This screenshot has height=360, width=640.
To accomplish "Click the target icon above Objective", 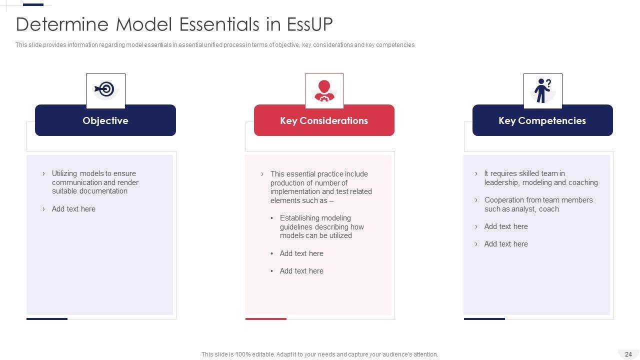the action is (104, 89).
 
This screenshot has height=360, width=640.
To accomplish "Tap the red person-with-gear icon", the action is (324, 91).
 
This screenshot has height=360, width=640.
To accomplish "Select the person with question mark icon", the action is (542, 90).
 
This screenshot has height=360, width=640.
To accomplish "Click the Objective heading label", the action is (105, 120).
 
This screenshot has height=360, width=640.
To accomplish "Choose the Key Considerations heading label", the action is (324, 120).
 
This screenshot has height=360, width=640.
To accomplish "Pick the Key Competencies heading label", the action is (542, 120).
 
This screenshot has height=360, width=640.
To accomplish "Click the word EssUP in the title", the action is (309, 24).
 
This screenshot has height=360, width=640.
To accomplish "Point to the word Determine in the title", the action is (62, 24).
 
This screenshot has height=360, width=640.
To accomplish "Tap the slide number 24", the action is (628, 354).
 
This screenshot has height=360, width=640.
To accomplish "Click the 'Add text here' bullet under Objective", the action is (73, 209).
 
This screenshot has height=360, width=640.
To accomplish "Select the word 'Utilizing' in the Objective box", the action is (64, 173).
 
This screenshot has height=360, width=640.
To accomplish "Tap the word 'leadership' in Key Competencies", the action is (502, 182).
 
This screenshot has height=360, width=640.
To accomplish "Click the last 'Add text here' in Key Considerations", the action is (301, 271).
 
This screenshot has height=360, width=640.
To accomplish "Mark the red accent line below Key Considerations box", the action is (265, 319).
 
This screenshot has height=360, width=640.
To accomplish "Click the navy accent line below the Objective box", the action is (47, 319).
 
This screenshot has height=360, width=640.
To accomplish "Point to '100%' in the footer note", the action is (243, 354).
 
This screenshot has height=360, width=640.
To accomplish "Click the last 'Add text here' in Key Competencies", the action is (506, 244).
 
